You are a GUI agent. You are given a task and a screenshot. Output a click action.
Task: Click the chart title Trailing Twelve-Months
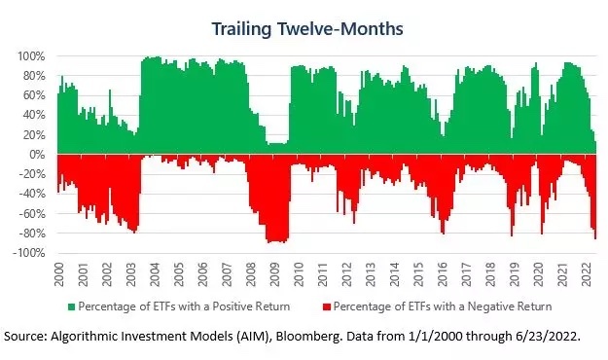(307, 29)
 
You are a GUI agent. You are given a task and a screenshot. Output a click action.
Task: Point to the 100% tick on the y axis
(31, 56)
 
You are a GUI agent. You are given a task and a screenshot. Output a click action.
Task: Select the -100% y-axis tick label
(28, 253)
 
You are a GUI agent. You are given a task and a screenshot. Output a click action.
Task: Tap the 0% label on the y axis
(37, 155)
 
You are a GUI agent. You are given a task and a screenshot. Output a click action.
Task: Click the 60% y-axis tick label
(34, 95)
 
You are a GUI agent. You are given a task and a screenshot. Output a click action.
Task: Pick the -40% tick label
(31, 194)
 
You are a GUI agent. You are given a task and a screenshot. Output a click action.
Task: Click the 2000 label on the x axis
(59, 274)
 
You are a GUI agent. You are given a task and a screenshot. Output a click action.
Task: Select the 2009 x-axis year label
(274, 274)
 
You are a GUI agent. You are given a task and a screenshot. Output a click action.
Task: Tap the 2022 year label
(586, 274)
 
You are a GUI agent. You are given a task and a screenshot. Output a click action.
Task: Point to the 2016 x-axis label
(443, 274)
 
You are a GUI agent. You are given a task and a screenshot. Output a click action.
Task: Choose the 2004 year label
(155, 274)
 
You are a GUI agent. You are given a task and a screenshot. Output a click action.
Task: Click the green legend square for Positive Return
(71, 306)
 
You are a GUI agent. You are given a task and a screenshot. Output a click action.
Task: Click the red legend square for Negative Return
(327, 306)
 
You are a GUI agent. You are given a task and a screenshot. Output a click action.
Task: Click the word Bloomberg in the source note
(309, 336)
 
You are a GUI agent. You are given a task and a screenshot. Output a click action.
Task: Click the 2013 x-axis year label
(371, 274)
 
